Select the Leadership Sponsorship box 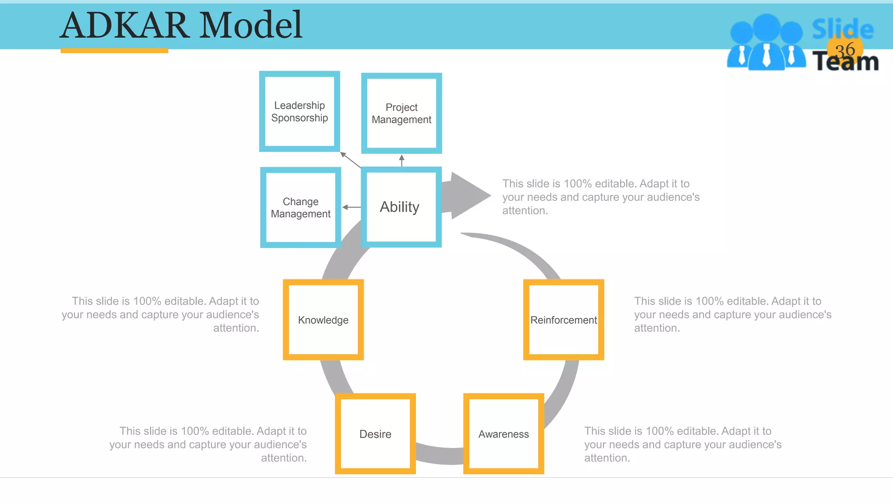[300, 112]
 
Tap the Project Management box [402, 114]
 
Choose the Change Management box [300, 208]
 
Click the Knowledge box [323, 320]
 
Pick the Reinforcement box [563, 320]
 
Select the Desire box [375, 434]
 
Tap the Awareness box [504, 434]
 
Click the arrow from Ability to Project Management [402, 160]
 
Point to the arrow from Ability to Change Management [351, 207]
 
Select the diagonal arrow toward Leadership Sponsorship [350, 160]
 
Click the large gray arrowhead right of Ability [469, 195]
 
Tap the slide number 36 [845, 50]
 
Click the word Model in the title [251, 25]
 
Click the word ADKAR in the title [125, 25]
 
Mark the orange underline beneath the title [114, 51]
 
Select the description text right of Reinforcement [733, 314]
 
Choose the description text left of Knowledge [160, 314]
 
